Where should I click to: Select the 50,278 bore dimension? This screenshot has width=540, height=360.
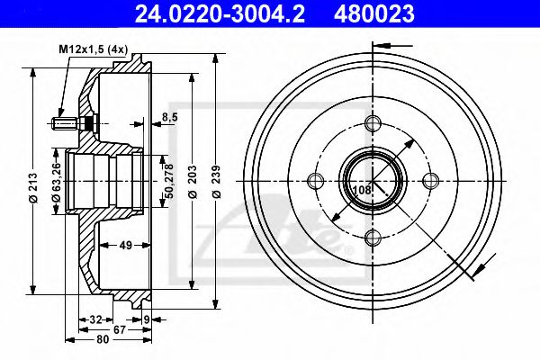[167, 180]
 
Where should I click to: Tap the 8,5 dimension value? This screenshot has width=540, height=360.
[169, 115]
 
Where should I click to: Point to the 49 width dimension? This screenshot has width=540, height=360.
[126, 245]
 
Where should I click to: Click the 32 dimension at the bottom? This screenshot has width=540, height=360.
[96, 319]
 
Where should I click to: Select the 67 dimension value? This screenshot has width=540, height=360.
[120, 329]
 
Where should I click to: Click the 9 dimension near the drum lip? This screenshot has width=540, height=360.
[146, 319]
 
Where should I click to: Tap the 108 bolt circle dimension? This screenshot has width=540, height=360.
[360, 191]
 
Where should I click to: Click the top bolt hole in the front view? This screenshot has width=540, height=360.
[373, 125]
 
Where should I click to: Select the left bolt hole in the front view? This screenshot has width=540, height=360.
[314, 181]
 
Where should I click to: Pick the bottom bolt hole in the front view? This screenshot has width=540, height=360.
[373, 238]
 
